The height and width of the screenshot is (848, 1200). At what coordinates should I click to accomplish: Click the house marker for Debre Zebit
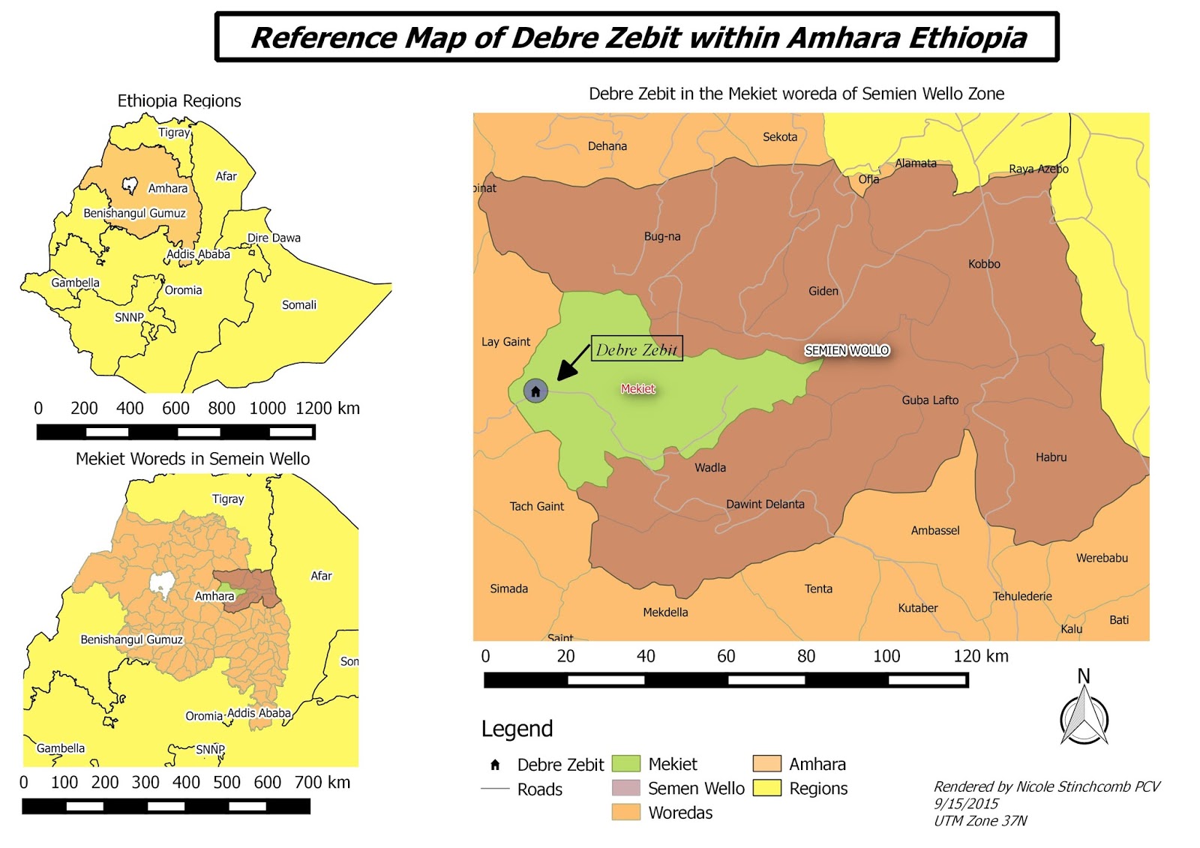(535, 391)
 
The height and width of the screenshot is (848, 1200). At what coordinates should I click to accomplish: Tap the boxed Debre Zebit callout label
(637, 349)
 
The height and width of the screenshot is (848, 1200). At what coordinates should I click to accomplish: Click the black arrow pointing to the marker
(574, 362)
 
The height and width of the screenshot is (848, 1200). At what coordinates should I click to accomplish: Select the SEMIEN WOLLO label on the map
(847, 350)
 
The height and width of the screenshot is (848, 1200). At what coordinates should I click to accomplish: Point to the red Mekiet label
(638, 388)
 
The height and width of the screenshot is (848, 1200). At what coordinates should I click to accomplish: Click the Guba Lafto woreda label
(930, 400)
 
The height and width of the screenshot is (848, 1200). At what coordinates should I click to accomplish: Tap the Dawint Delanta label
(765, 504)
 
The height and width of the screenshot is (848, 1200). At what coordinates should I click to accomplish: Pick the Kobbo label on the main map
(984, 264)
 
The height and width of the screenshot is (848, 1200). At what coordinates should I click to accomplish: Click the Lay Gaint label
(505, 342)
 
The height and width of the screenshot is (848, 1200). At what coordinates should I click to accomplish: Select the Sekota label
(780, 137)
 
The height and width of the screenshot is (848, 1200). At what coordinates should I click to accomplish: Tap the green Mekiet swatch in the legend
(625, 763)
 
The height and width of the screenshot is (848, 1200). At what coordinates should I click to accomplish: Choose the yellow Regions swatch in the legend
(766, 788)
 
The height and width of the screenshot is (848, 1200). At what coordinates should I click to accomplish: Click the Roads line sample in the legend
(495, 789)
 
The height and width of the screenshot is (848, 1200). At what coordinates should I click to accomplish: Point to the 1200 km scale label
(328, 408)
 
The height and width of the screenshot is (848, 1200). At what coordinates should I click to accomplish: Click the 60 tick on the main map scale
(726, 656)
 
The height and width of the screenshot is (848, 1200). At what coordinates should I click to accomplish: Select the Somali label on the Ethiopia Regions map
(299, 304)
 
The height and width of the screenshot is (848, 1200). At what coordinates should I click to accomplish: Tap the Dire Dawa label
(274, 238)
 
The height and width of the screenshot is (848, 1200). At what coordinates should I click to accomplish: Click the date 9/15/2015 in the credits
(966, 804)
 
